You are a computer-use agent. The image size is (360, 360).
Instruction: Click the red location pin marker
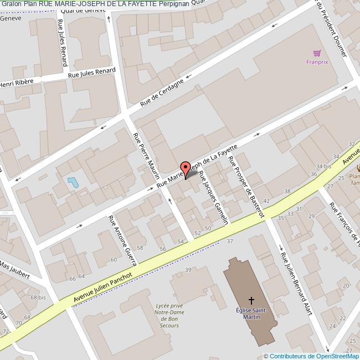pos(186,168)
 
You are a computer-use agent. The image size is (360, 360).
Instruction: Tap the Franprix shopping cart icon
pos(317,54)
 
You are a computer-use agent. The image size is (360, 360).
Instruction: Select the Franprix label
pos(317,62)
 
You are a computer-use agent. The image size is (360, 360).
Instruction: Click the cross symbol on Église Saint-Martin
pos(251,301)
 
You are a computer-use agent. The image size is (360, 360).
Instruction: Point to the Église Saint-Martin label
pos(253,313)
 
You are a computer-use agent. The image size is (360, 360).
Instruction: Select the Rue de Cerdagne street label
pos(162,93)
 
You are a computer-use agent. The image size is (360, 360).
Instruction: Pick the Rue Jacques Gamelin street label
pos(214,197)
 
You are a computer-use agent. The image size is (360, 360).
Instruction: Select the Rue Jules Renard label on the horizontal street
pos(91,73)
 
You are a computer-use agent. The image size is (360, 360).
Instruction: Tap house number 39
pos(188,270)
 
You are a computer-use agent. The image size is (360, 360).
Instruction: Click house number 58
pos(140,247)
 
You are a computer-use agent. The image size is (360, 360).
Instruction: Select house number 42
pos(267,200)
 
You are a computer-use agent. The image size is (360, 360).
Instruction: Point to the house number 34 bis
pos(323,166)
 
